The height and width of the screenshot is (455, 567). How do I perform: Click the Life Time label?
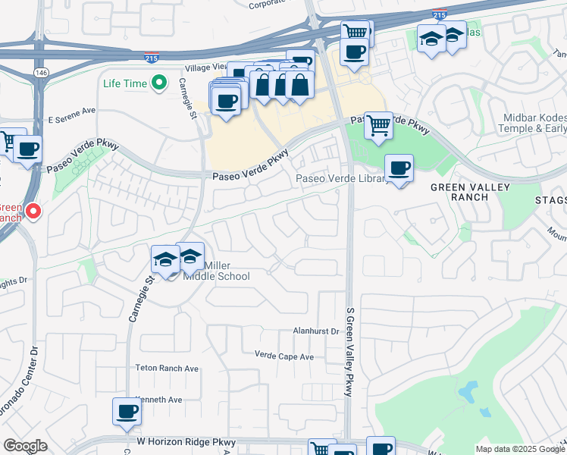click(x=125, y=83)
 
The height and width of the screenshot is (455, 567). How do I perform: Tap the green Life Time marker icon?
click(x=158, y=83)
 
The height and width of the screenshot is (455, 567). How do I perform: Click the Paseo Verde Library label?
click(x=341, y=180)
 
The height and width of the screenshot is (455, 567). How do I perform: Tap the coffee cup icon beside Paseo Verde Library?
click(x=399, y=168)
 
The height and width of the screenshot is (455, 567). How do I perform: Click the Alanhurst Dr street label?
click(x=316, y=331)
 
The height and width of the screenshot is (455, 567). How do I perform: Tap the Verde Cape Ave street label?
click(x=284, y=356)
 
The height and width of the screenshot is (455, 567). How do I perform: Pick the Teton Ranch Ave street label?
click(x=167, y=369)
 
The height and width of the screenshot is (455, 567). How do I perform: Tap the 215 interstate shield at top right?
click(x=438, y=14)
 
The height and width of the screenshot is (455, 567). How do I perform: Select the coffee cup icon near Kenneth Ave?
click(x=127, y=412)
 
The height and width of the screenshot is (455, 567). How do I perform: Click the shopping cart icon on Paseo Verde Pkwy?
click(x=378, y=125)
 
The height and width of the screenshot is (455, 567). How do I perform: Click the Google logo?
click(x=25, y=447)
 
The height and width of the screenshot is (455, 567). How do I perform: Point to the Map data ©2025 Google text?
click(x=519, y=449)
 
